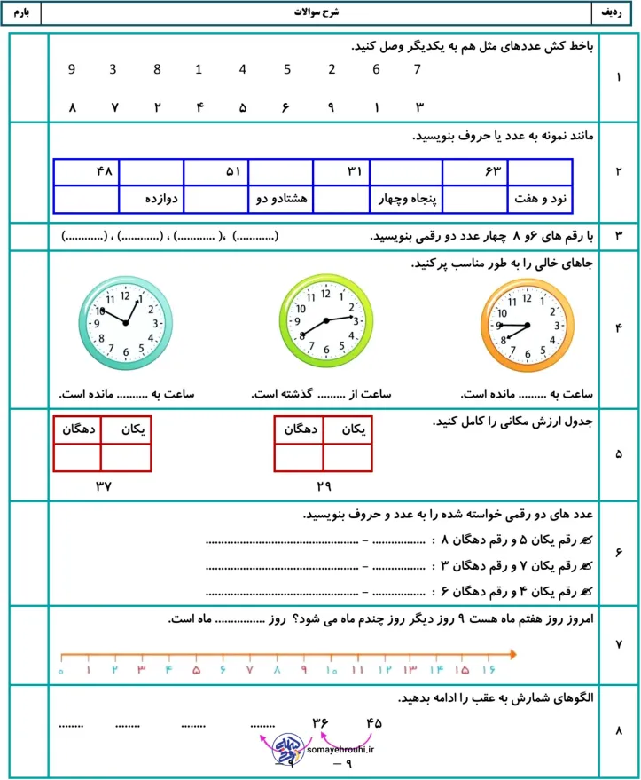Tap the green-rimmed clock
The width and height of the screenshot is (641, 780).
tap(326, 321)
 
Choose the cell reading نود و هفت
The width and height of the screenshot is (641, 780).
tap(540, 200)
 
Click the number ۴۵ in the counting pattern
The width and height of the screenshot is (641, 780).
tap(372, 722)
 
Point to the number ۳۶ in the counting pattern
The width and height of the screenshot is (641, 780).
tap(321, 722)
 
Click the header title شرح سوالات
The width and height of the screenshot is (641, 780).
tap(321, 14)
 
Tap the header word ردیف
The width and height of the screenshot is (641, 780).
tap(614, 14)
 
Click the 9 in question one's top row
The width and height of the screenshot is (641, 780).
tap(72, 69)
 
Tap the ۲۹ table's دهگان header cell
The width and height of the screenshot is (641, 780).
tap(299, 429)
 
